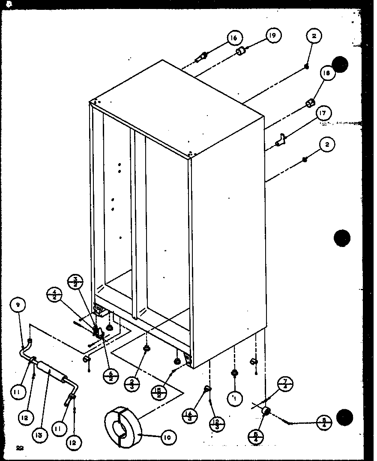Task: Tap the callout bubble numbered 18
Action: (x=327, y=73)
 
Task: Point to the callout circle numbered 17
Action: (x=323, y=113)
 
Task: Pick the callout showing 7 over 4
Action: (x=285, y=384)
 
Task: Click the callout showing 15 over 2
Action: (x=159, y=392)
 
